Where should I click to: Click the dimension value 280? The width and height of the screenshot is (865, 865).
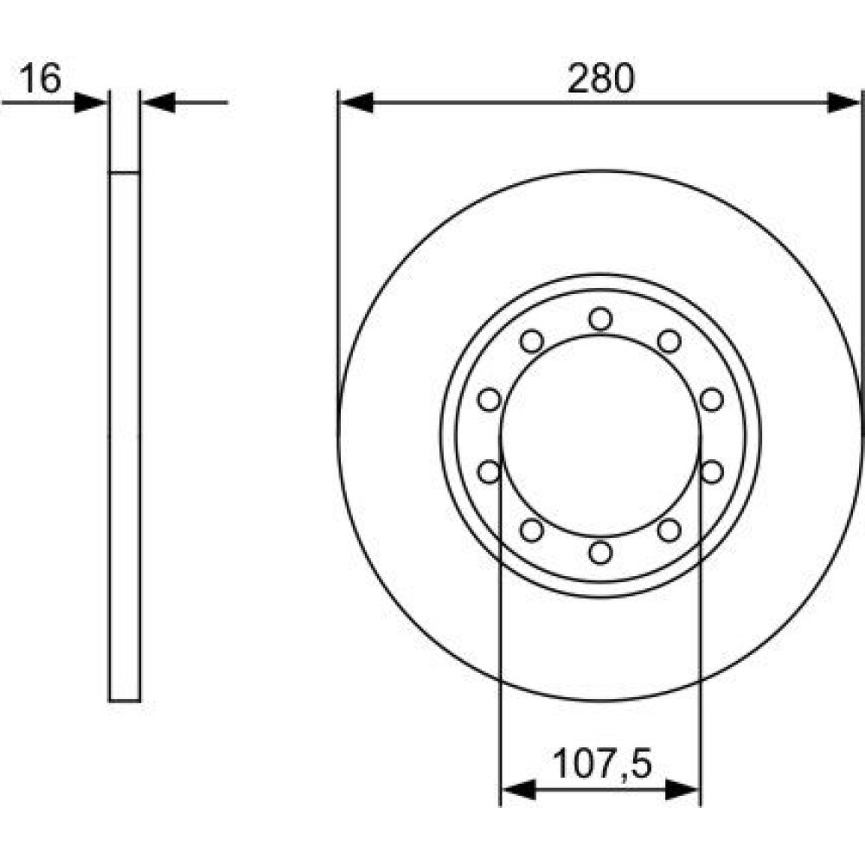click(x=601, y=79)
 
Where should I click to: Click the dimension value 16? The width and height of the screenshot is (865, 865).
click(x=40, y=78)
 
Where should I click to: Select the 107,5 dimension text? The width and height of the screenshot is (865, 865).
click(x=602, y=763)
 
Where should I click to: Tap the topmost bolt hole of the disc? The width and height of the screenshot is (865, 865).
click(x=600, y=319)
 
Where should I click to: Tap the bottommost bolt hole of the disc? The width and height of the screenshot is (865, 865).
click(x=600, y=552)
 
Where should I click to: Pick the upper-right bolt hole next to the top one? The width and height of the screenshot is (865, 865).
click(x=670, y=341)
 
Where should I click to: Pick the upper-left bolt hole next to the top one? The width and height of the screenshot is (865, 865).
click(x=532, y=341)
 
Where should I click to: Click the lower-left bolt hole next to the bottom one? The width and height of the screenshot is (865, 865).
click(x=532, y=530)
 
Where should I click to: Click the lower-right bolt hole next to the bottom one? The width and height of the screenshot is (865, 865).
click(x=670, y=530)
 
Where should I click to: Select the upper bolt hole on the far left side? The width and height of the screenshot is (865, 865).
click(x=490, y=400)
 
